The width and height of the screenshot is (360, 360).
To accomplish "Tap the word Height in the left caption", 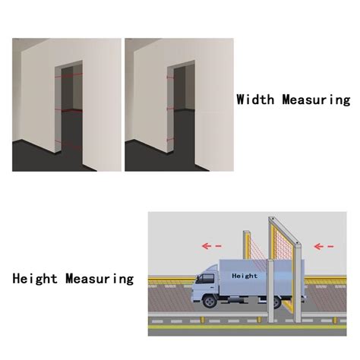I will [x=34, y=279].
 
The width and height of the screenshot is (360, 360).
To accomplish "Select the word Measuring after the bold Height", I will [x=99, y=279].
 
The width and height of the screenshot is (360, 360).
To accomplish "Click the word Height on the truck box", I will [x=245, y=276].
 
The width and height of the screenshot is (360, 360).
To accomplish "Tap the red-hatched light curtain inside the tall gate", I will [x=283, y=258].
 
